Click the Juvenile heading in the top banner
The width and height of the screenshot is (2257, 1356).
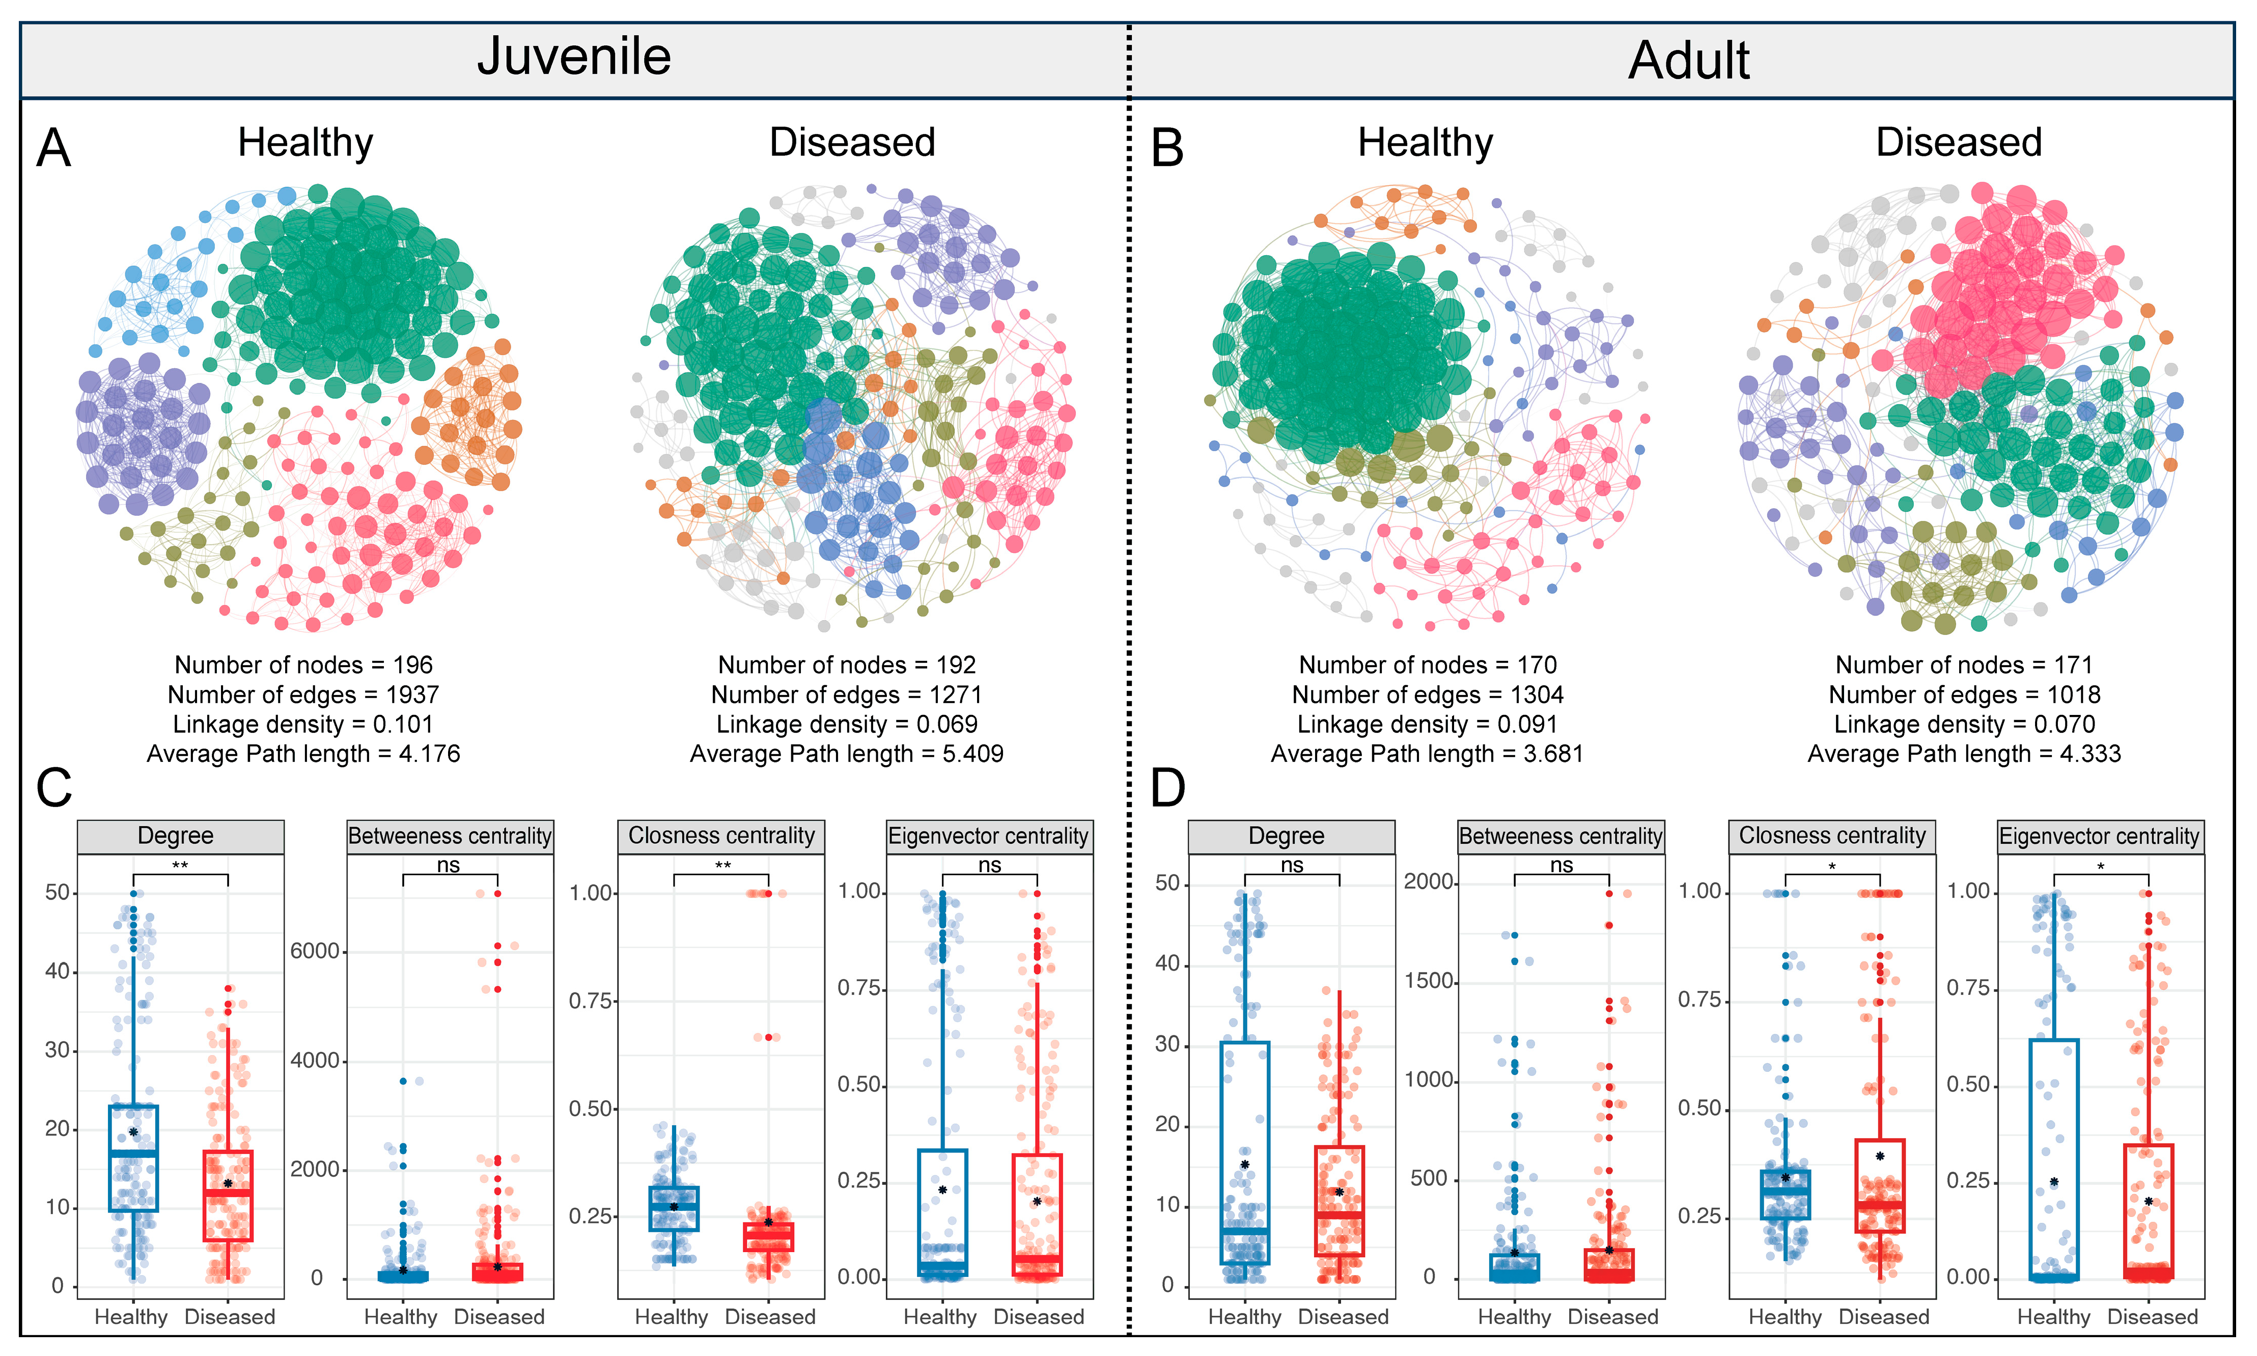pyautogui.click(x=574, y=57)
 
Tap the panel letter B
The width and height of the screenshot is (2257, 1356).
pyautogui.click(x=1166, y=148)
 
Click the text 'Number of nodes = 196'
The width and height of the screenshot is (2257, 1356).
pyautogui.click(x=303, y=665)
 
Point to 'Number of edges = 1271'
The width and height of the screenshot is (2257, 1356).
pyautogui.click(x=846, y=695)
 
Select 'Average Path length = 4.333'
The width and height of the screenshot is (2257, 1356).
pyautogui.click(x=1964, y=754)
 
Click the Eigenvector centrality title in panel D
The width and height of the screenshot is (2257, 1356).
pyautogui.click(x=2099, y=836)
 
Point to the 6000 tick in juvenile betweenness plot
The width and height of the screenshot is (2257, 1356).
pyautogui.click(x=314, y=951)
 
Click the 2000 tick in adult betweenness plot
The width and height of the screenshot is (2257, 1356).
pyautogui.click(x=1428, y=882)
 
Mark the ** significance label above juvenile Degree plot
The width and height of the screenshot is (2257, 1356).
pyautogui.click(x=180, y=865)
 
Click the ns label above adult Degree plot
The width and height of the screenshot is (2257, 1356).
pyautogui.click(x=1292, y=865)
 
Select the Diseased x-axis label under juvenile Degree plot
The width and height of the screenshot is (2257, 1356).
pyautogui.click(x=229, y=1317)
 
